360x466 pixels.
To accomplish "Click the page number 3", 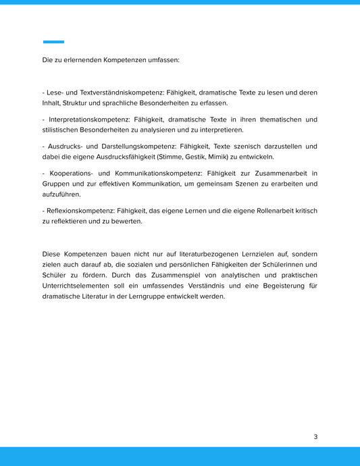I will pyautogui.click(x=315, y=436).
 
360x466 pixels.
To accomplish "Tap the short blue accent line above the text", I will pyautogui.click(x=53, y=42).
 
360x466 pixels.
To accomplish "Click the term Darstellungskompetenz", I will pyautogui.click(x=128, y=147).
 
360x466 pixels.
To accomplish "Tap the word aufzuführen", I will pyautogui.click(x=61, y=194).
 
